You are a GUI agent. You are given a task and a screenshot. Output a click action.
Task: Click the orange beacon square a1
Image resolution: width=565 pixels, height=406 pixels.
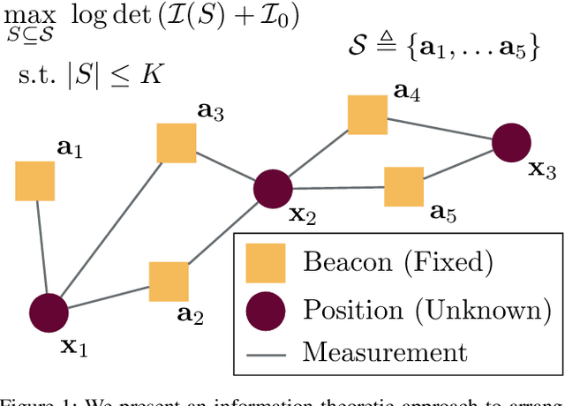click(x=35, y=181)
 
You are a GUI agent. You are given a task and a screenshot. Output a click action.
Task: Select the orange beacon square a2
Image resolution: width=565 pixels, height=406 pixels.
click(x=169, y=281)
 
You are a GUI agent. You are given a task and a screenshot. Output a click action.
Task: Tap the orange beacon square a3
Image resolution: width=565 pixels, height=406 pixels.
click(x=177, y=143)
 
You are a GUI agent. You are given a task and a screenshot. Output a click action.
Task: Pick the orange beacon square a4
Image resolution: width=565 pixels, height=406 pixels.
click(x=367, y=115)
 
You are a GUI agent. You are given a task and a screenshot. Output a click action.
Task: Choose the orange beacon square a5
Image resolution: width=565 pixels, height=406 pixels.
click(x=403, y=186)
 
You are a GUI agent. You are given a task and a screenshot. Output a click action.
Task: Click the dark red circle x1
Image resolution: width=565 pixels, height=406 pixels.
click(x=48, y=312)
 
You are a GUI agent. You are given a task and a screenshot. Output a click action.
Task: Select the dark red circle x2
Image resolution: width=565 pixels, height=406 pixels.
click(x=273, y=189)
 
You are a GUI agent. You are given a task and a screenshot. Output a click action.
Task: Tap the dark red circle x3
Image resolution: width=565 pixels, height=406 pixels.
click(x=512, y=143)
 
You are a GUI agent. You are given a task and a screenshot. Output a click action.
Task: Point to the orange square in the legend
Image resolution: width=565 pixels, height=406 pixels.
click(x=264, y=262)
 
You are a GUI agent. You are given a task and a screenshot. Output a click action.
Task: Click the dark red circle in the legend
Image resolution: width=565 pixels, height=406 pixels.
click(x=264, y=310)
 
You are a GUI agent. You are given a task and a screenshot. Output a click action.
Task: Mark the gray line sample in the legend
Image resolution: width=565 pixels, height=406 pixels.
click(x=264, y=354)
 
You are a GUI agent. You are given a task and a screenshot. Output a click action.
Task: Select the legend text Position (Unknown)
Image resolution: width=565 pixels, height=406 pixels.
click(x=427, y=310)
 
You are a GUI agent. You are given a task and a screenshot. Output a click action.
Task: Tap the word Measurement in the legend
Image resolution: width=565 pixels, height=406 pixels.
click(x=384, y=354)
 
